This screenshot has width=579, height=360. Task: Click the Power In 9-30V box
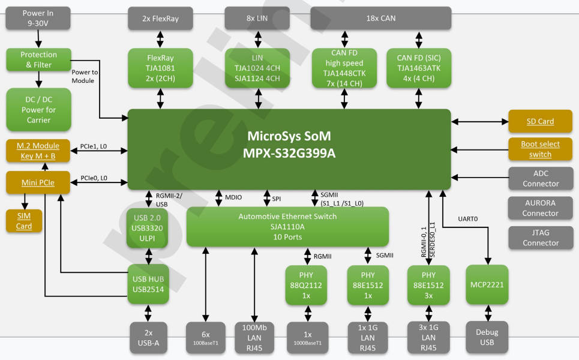pos(38,18)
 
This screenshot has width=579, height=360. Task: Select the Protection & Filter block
pos(38,59)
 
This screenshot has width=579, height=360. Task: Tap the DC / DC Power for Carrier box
pos(38,110)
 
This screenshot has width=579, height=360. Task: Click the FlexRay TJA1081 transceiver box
pos(160,68)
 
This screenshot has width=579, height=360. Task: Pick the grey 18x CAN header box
pos(380,18)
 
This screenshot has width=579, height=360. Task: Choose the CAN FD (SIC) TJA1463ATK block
pos(418,68)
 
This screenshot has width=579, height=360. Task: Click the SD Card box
pos(540,121)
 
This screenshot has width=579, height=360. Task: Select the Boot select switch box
pos(540,149)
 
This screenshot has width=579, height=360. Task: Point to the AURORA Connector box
pos(540,208)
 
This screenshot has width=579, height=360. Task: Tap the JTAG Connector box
pos(540,238)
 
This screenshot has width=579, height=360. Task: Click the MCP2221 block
pos(487,285)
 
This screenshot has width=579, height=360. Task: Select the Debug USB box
pos(487,337)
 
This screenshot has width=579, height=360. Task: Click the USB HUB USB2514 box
pos(148,284)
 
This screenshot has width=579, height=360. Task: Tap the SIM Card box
pos(24,221)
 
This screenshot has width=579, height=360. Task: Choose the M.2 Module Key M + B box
pos(38,151)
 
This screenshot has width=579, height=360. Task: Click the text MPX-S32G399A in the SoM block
pos(289,154)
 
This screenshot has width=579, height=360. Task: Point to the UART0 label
pos(468,219)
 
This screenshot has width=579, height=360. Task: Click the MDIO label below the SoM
pos(233,197)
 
